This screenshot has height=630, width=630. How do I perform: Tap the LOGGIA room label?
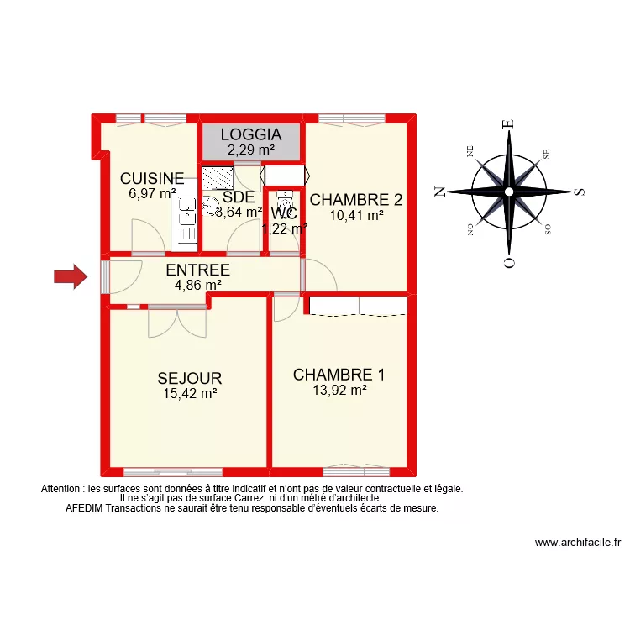pos(251,134)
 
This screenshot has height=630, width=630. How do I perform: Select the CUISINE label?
pos(152,178)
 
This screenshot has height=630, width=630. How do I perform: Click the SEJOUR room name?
pos(190,378)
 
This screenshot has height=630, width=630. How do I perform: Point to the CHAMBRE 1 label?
pos(339,375)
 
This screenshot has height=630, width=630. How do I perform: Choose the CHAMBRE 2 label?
pos(356,200)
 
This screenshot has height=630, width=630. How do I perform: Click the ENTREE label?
pos(197,270)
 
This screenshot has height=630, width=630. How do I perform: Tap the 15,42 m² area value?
pos(190,392)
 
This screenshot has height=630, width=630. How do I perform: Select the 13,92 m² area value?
pos(339,390)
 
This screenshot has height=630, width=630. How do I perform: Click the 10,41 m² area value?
pos(356,215)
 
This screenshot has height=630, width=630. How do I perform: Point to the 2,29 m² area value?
pos(251,150)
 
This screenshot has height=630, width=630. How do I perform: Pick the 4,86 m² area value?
pos(197,285)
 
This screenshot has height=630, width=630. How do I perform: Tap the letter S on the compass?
pos(579,192)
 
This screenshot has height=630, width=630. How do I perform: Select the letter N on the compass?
pos(438,192)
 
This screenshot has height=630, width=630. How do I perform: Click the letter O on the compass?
pos(507,263)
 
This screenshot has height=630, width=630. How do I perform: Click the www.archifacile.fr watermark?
pos(576,543)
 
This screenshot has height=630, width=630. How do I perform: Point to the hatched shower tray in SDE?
pos(218,179)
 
